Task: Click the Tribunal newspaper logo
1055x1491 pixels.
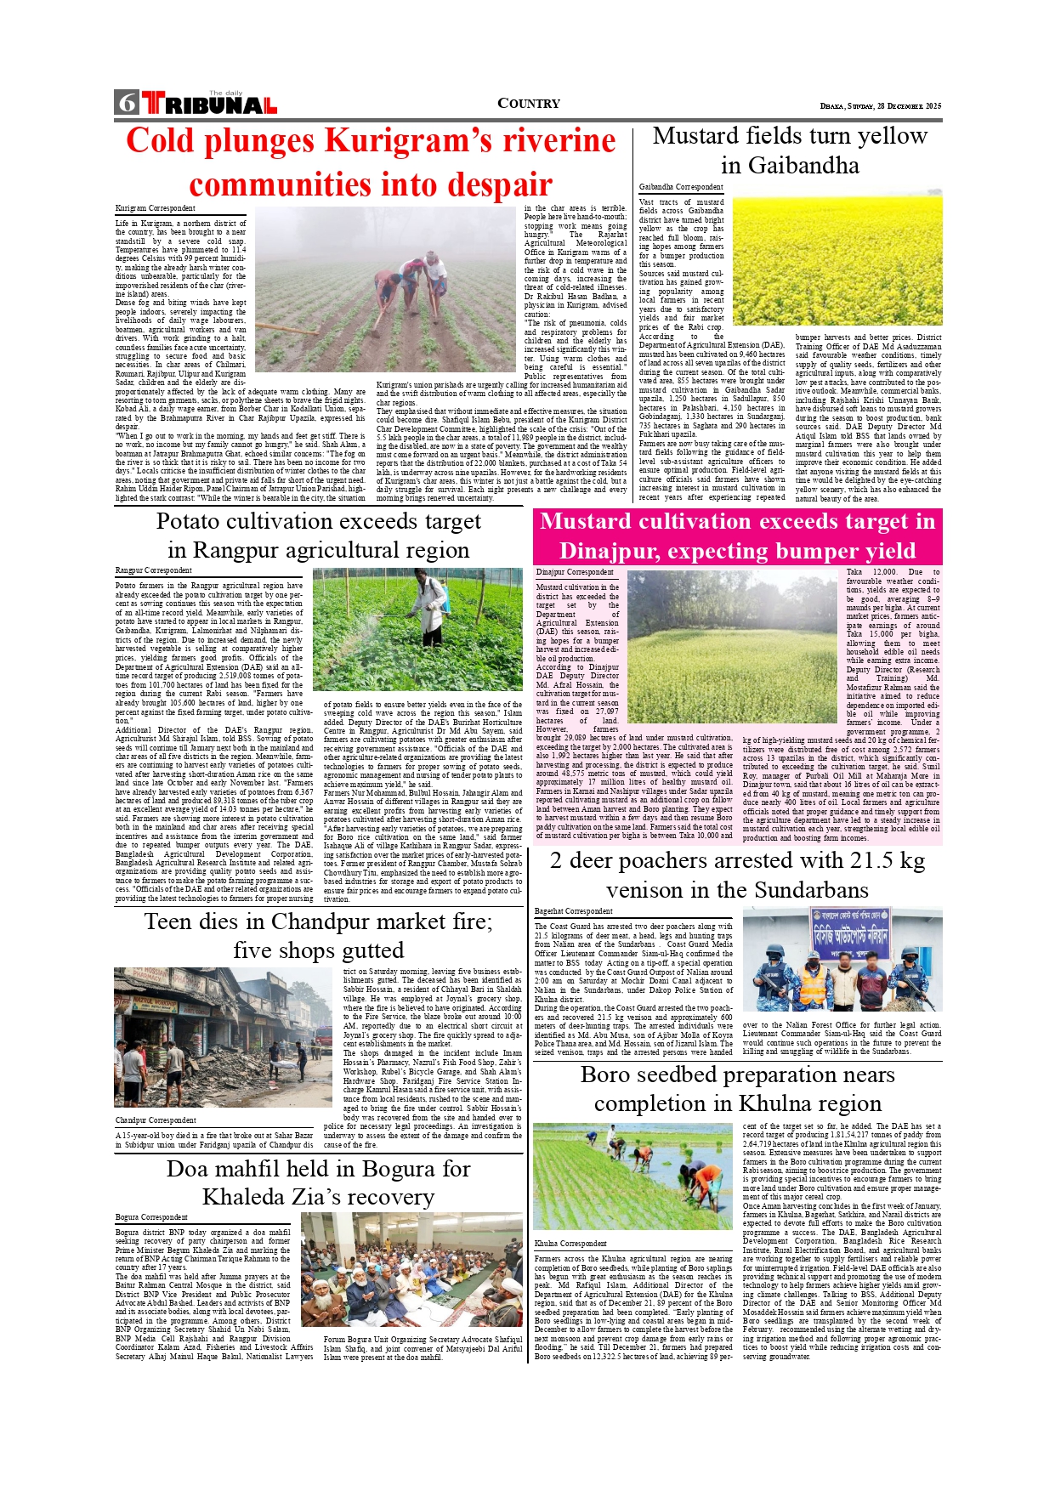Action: coord(210,104)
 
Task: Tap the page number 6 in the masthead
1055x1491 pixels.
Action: coord(127,103)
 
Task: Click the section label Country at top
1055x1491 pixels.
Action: coord(528,104)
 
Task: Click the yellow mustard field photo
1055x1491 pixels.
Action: coord(837,260)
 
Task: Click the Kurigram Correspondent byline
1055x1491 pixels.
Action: coord(156,208)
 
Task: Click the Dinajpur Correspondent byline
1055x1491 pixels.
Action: coord(575,572)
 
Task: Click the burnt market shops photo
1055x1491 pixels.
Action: coord(223,1037)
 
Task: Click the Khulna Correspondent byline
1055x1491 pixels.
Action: coord(570,1244)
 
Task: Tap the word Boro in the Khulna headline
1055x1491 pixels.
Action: coord(607,1074)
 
